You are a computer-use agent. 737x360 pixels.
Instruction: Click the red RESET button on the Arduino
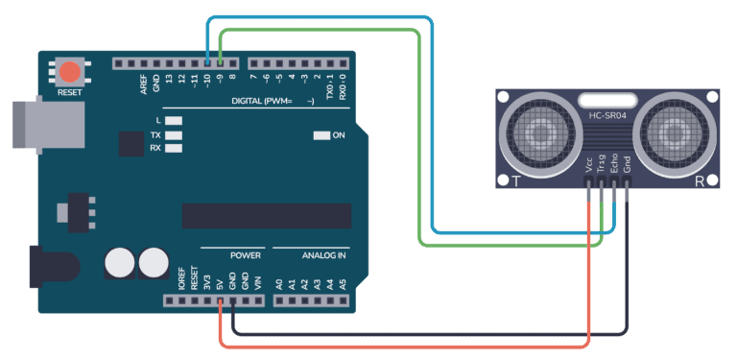[x=69, y=71]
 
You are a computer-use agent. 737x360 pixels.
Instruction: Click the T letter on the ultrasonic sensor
[x=516, y=180]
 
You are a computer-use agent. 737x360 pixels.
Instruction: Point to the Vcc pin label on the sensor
[x=588, y=167]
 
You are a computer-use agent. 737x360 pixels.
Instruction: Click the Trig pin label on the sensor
[x=601, y=165]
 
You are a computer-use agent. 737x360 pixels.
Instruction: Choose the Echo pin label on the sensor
[x=614, y=165]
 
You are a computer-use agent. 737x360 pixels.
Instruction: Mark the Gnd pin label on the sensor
[x=627, y=166]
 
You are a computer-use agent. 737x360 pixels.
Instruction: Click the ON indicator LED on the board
[x=321, y=135]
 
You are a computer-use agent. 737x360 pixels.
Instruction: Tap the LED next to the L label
[x=174, y=120]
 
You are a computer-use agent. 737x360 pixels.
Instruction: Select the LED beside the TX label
[x=174, y=134]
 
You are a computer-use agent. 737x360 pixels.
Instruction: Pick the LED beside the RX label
[x=174, y=148]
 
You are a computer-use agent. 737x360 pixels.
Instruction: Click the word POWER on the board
[x=246, y=256]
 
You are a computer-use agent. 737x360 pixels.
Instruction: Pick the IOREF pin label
[x=181, y=280]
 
